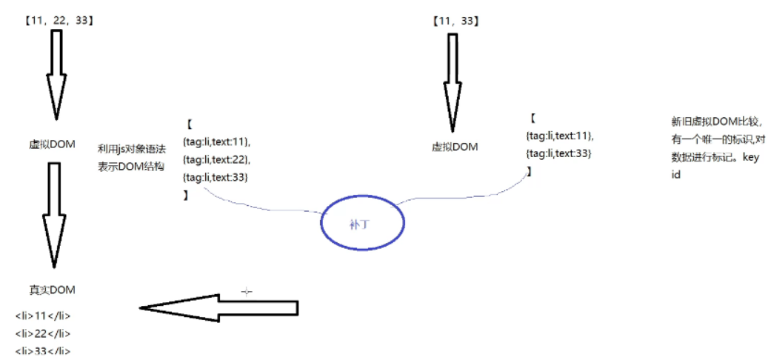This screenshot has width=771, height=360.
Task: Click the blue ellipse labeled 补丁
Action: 363,224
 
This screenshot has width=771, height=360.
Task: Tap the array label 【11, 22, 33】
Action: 59,21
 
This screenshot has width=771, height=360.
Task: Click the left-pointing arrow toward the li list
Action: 218,307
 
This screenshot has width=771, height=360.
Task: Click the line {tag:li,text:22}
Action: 216,159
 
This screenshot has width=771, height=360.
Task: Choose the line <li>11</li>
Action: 43,316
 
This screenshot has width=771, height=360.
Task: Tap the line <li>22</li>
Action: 43,333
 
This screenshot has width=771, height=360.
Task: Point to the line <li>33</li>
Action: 43,351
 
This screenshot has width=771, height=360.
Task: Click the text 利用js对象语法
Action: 131,148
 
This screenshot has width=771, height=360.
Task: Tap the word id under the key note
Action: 675,175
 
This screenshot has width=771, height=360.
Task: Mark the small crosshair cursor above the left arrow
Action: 247,292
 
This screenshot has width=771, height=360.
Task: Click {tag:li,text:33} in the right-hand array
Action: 558,153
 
